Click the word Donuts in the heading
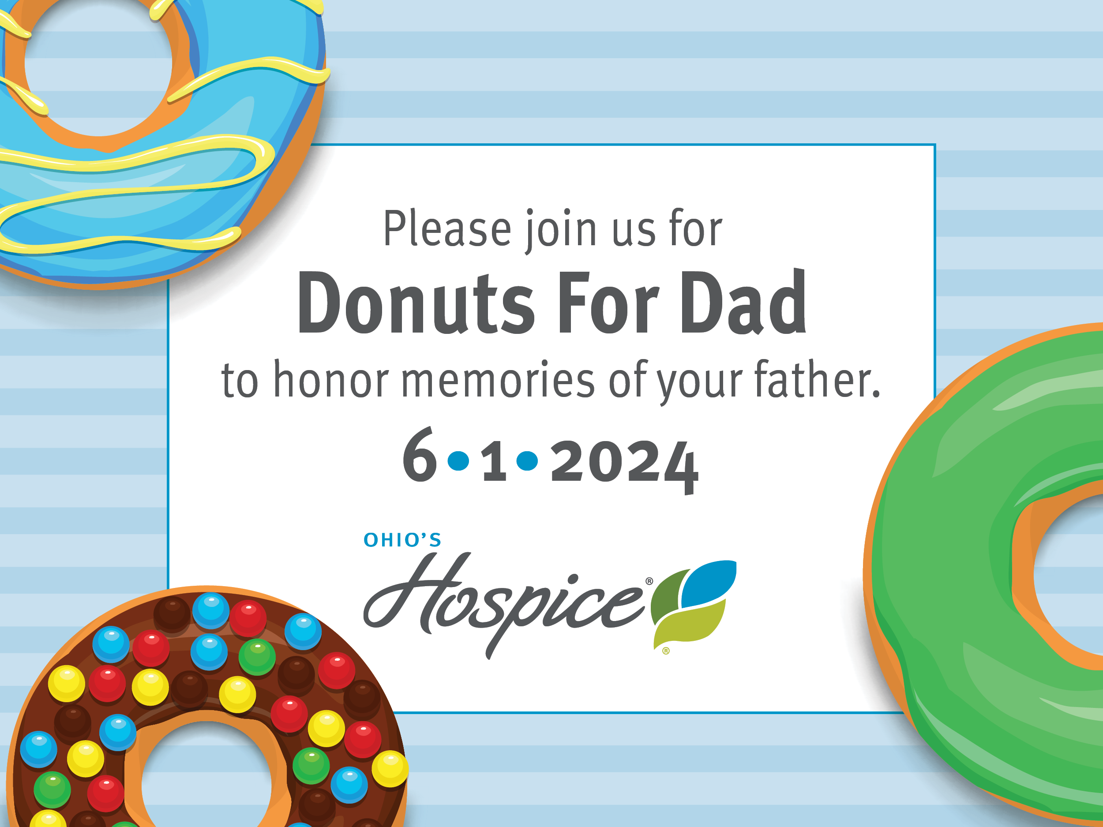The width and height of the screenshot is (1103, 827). coord(416,302)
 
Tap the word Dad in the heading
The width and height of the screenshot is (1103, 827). coord(743,302)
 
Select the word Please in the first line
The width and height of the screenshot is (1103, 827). coord(447,229)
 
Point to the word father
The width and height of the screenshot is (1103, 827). coord(818,380)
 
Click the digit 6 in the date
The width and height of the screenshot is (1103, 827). coord(420,455)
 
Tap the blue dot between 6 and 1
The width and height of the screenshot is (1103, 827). coord(459,460)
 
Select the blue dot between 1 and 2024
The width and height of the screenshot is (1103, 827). coord(527,460)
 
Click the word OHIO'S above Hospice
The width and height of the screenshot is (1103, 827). coord(402,540)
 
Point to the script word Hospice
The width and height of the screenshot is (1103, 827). coord(504,603)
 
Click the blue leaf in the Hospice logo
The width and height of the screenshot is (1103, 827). coord(709,583)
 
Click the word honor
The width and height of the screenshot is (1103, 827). coord(332,380)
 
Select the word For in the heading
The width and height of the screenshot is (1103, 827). coord(608,302)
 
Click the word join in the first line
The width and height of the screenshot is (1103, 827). coord(561,230)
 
